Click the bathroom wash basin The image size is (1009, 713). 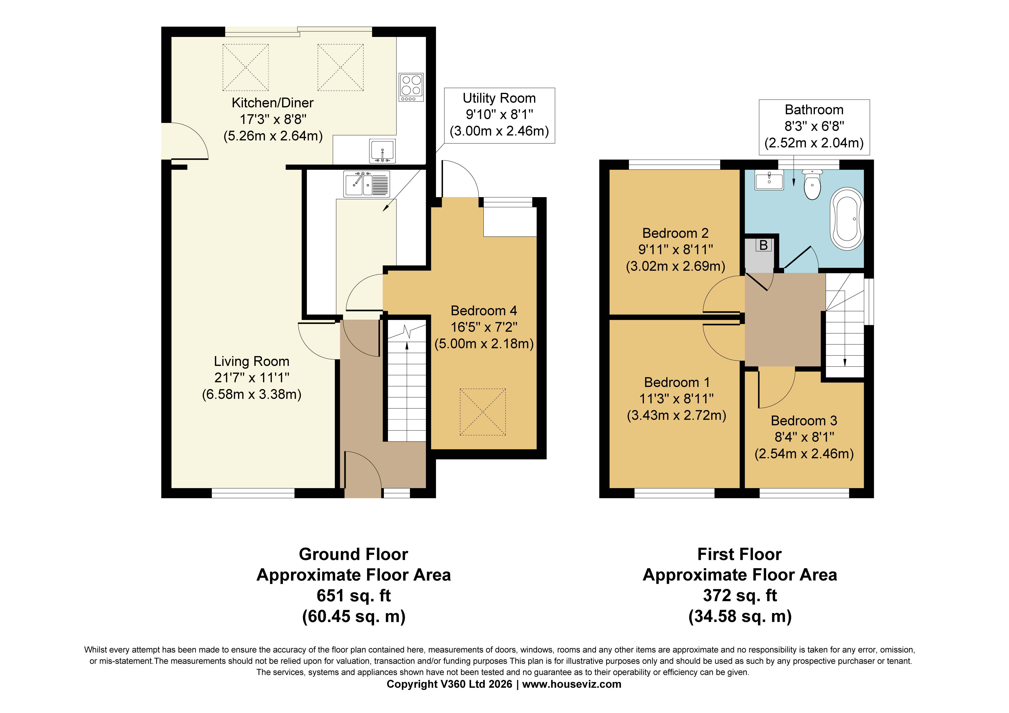[769, 181]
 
